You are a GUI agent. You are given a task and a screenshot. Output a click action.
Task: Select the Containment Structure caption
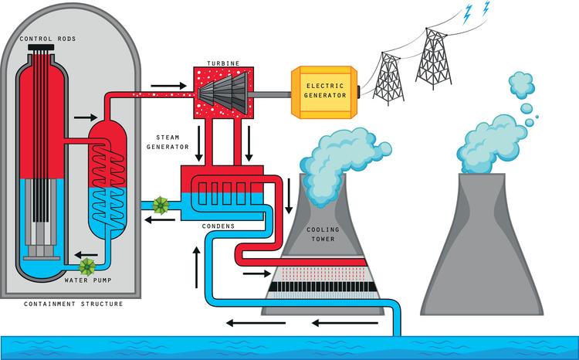tap(73, 304)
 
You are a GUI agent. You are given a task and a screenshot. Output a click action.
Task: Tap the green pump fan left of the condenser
tap(161, 205)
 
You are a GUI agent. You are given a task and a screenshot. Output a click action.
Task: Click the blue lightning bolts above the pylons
tap(476, 11)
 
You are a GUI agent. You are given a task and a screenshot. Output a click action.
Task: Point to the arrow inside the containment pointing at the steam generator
tap(80, 117)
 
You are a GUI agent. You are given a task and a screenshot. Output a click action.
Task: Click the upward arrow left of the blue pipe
tap(197, 259)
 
